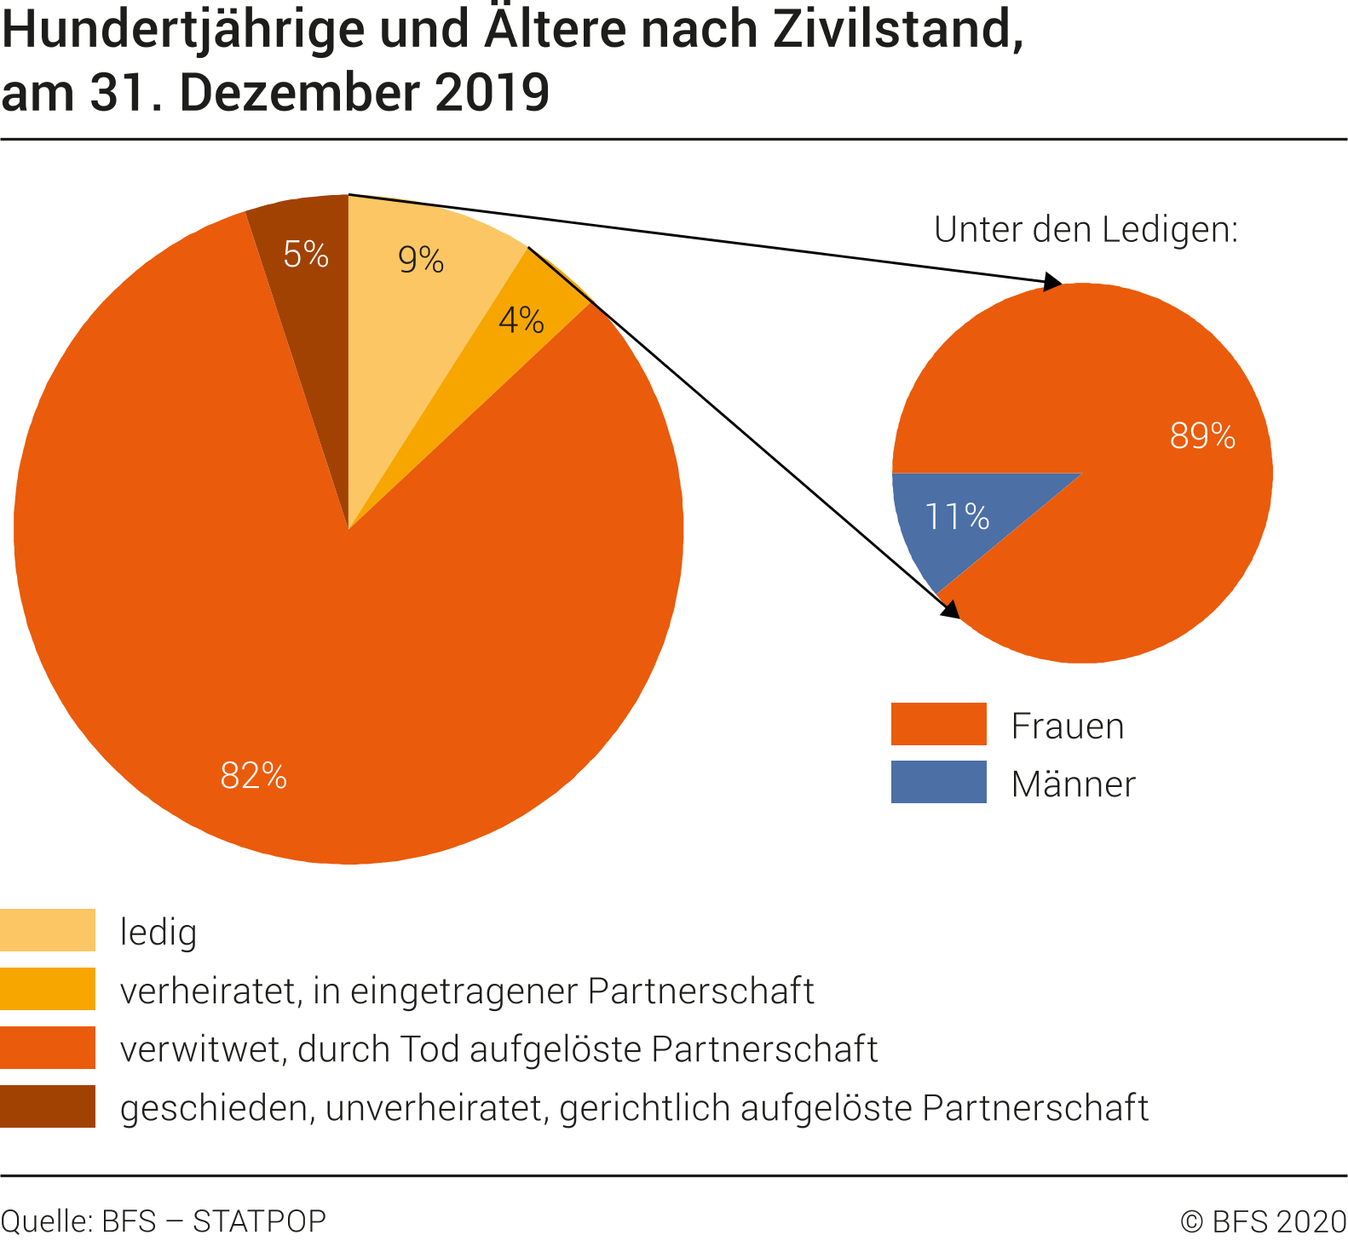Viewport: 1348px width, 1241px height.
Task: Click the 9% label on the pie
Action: [x=421, y=260]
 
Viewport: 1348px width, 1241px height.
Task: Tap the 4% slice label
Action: [x=521, y=321]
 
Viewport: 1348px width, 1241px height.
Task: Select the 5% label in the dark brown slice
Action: [x=306, y=255]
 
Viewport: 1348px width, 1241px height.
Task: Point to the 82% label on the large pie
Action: [x=253, y=775]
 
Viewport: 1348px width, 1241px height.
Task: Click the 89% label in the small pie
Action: [x=1201, y=436]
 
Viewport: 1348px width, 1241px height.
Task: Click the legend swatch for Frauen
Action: [x=938, y=724]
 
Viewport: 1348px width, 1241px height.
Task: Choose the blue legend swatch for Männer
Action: [x=938, y=782]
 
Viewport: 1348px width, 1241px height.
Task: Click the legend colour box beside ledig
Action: [x=48, y=930]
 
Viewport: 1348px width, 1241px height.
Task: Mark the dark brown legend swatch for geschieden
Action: [x=48, y=1106]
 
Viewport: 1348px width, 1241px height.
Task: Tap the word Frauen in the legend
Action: [x=1067, y=726]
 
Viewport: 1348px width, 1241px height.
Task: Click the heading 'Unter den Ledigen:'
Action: [x=1086, y=229]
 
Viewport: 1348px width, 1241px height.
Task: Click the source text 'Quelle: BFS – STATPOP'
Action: [x=164, y=1221]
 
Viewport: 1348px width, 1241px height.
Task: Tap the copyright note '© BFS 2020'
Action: [x=1263, y=1221]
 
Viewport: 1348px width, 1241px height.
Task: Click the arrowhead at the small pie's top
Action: [x=1053, y=282]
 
